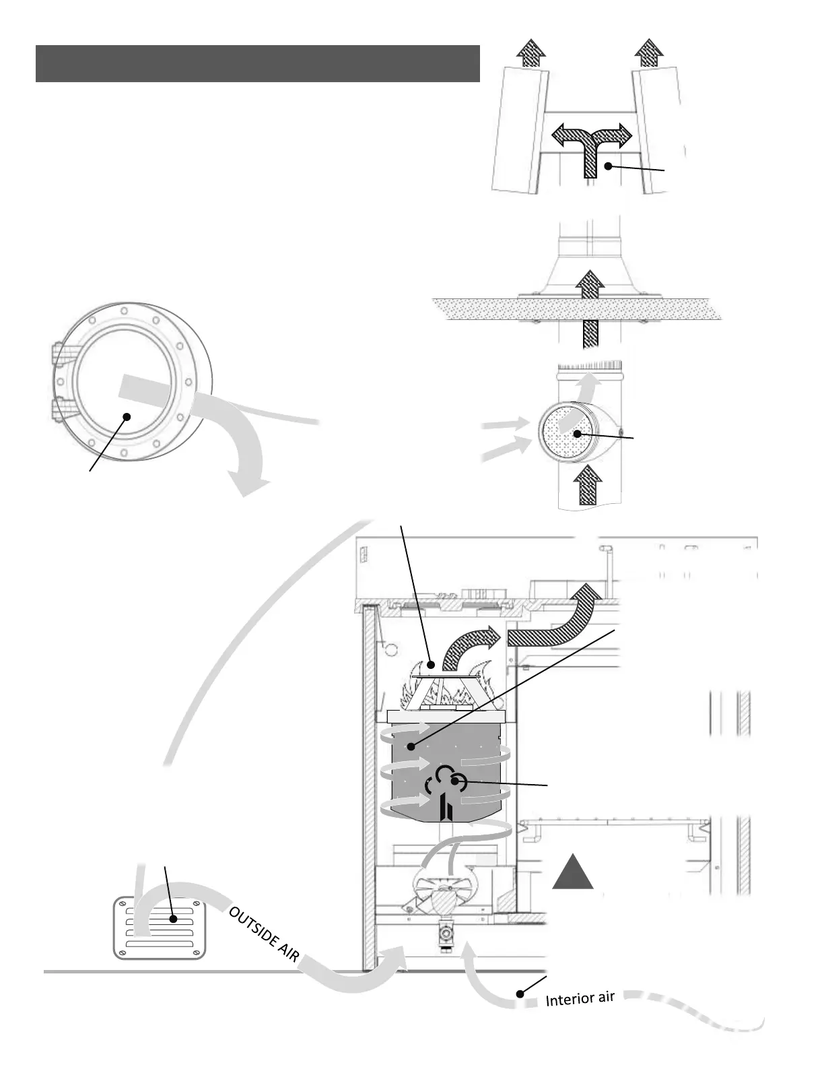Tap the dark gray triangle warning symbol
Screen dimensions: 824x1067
pos(573,872)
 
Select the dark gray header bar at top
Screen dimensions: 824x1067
pos(257,63)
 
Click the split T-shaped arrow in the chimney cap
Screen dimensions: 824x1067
pos(592,145)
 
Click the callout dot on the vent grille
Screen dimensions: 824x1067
pos(174,918)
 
